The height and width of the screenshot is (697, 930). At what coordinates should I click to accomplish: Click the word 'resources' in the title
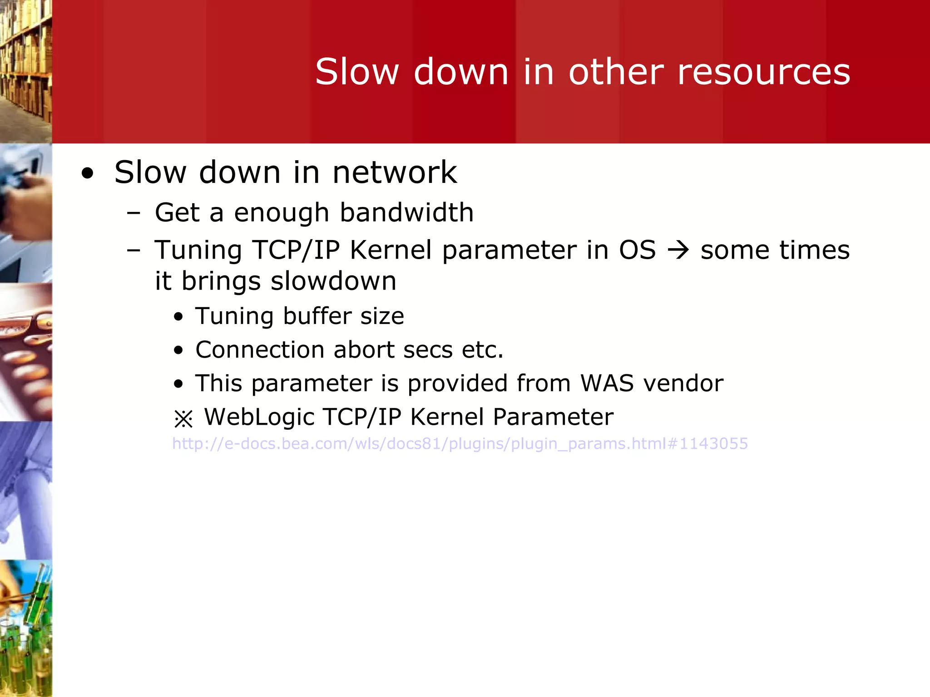763,73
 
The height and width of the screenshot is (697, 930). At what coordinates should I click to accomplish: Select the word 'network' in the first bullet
394,173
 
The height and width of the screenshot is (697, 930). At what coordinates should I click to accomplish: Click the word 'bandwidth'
406,212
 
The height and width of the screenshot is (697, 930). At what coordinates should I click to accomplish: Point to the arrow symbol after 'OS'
678,250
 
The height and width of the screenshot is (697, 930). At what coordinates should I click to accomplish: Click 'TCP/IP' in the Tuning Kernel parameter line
296,250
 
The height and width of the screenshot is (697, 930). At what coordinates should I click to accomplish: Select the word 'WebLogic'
259,417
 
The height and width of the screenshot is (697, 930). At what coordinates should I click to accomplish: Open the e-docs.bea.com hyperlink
460,443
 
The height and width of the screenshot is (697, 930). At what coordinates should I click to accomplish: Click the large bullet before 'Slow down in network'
87,174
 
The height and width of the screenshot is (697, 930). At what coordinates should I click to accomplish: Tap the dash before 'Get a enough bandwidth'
134,212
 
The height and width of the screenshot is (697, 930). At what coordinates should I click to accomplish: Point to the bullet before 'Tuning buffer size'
178,317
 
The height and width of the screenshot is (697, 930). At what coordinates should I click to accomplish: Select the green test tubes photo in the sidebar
25,628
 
